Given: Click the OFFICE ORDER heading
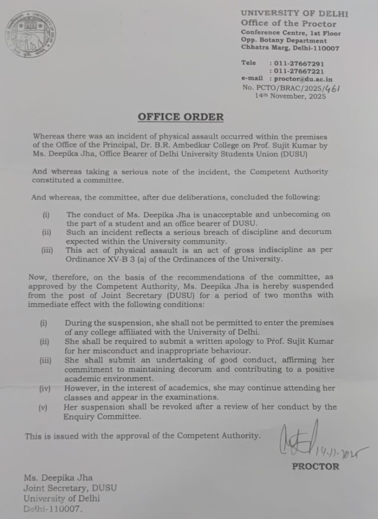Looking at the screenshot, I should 181,117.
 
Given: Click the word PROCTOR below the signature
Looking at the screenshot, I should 315,467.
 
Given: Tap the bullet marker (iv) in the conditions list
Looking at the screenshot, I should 45,389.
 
